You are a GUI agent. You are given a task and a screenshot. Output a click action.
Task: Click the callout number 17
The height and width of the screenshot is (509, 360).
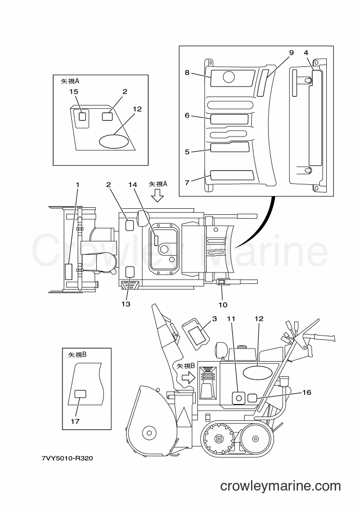[x=75, y=421]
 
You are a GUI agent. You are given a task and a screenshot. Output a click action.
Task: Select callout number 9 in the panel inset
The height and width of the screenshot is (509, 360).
[x=291, y=53]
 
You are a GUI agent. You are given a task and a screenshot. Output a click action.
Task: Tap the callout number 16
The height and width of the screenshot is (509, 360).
[x=307, y=393]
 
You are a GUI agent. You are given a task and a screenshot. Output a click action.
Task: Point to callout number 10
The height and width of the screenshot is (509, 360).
[x=222, y=305]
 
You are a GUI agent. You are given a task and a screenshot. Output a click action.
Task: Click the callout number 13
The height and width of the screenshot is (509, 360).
[x=126, y=304]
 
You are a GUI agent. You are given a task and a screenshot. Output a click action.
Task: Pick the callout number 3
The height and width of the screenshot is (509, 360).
[x=214, y=319]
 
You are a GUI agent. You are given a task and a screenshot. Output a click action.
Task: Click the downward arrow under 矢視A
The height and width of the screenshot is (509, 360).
[x=158, y=196]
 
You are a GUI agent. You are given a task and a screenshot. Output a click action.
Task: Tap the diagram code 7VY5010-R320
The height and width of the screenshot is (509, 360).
[x=67, y=458]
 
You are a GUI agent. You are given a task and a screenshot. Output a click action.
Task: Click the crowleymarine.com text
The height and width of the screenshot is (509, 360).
[x=281, y=486]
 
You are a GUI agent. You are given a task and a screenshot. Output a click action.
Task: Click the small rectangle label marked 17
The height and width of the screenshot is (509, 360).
[x=80, y=394]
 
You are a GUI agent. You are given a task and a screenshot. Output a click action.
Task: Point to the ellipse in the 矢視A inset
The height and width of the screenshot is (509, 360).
[x=114, y=141]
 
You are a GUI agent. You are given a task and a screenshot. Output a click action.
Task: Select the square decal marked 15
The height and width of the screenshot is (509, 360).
[x=83, y=116]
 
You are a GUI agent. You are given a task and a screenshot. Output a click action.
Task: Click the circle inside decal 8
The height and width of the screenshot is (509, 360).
[x=228, y=77]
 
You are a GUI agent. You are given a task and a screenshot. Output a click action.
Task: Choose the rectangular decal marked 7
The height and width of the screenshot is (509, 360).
[x=232, y=175]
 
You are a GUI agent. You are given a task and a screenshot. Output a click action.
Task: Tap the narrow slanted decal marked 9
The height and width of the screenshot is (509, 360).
[x=263, y=83]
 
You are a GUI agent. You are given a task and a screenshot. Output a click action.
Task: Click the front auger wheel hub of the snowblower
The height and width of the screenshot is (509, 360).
[x=150, y=433]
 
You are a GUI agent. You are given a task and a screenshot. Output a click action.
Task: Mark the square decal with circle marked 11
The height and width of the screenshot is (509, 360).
[x=239, y=398]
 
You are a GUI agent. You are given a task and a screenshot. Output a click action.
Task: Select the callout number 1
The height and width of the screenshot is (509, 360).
[x=78, y=185]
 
